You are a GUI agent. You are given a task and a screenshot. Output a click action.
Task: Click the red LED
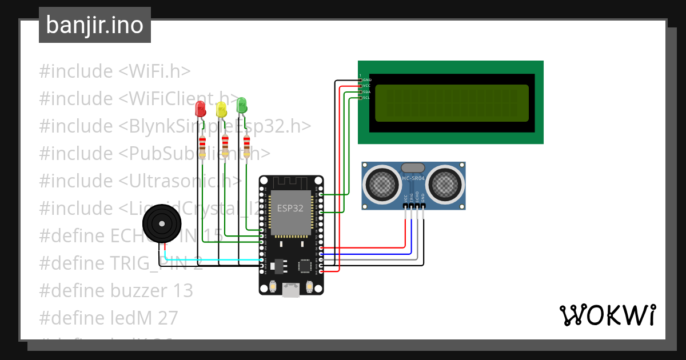pyautogui.click(x=200, y=109)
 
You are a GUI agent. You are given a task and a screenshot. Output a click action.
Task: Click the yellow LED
pyautogui.click(x=221, y=110)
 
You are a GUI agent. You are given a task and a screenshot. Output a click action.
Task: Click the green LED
pyautogui.click(x=242, y=105)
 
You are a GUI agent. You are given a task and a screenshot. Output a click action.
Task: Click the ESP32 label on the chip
pyautogui.click(x=290, y=208)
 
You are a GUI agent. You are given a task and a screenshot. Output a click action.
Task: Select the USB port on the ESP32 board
pyautogui.click(x=291, y=290)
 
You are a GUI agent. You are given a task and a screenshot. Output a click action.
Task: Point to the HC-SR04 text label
pyautogui.click(x=413, y=179)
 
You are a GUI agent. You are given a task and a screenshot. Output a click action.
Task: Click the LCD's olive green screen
pyautogui.click(x=452, y=103)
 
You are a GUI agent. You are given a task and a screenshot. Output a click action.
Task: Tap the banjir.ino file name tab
pyautogui.click(x=95, y=25)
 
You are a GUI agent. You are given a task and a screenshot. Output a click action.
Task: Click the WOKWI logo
pyautogui.click(x=607, y=315)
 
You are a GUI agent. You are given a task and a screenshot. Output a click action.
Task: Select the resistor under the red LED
pyautogui.click(x=202, y=147)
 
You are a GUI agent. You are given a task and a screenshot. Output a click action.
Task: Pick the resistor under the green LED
pyautogui.click(x=246, y=146)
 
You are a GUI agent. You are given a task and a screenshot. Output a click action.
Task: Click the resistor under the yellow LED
pyautogui.click(x=225, y=146)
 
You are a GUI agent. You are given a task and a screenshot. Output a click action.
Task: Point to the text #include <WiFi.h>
pyautogui.click(x=115, y=71)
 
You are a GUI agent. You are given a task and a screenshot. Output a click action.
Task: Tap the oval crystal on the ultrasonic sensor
pyautogui.click(x=413, y=167)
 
